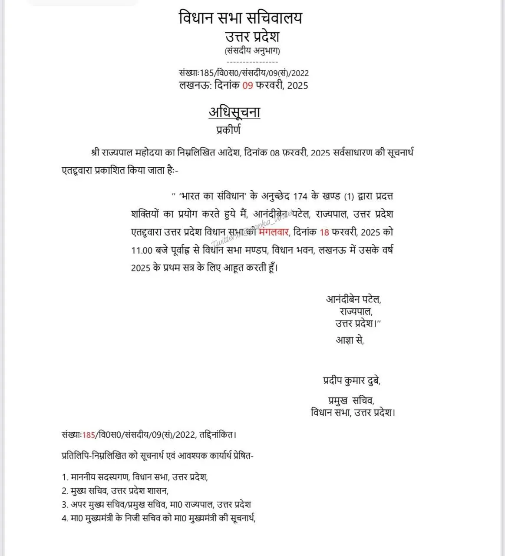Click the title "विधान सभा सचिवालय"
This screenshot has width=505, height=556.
(240, 18)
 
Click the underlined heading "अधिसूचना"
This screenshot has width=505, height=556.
(234, 113)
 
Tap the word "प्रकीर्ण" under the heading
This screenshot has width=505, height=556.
(228, 130)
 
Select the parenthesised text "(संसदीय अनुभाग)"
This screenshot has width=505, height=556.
(252, 50)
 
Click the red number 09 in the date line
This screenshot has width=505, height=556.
(248, 85)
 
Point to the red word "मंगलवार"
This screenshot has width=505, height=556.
(274, 232)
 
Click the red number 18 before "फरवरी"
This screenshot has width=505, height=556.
(324, 232)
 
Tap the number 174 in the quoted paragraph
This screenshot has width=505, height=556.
(300, 196)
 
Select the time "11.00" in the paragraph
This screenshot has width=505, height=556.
(142, 250)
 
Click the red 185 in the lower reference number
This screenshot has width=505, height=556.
(89, 435)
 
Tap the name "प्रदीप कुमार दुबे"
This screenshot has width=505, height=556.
(351, 381)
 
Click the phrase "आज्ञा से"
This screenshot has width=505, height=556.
(349, 340)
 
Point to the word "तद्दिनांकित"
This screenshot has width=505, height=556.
(217, 435)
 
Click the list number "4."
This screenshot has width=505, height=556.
(65, 518)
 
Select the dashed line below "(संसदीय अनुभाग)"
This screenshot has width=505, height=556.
(252, 62)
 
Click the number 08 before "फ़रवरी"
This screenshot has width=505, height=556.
(275, 153)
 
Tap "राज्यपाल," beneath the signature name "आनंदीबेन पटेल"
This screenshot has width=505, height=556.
(356, 311)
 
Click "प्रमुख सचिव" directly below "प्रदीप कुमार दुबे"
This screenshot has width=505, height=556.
(351, 400)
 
